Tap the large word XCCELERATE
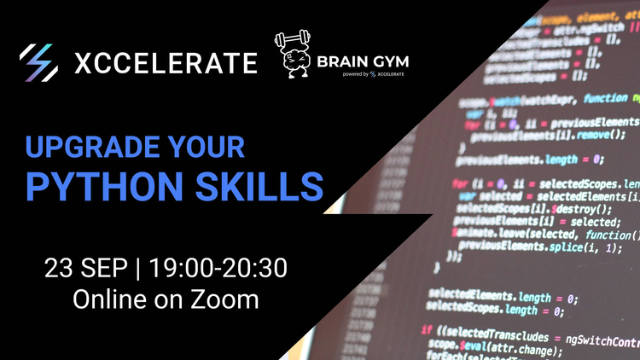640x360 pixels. point(166,63)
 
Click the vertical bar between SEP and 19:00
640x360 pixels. point(139,269)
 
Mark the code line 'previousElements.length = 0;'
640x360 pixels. point(530,158)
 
